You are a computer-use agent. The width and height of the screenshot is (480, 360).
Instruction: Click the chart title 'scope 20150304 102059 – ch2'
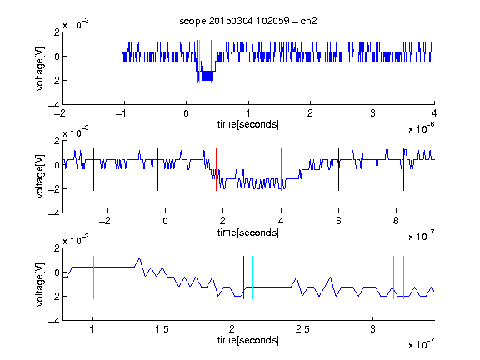coord(248,21)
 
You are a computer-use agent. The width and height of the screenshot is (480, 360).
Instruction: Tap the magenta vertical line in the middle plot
coord(281,170)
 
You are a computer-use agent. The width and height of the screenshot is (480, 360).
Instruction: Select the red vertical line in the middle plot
coord(216,170)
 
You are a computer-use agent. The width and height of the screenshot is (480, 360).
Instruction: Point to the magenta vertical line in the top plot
coord(211,62)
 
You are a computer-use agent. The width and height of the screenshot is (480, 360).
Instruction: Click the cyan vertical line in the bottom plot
coord(252,277)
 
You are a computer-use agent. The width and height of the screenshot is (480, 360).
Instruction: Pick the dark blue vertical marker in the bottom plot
coord(243,277)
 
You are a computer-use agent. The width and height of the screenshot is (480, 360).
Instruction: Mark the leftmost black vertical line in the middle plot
coord(93,170)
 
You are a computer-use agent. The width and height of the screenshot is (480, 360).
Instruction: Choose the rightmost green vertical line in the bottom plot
coord(404,277)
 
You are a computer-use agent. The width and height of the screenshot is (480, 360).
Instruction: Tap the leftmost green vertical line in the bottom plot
coord(93,277)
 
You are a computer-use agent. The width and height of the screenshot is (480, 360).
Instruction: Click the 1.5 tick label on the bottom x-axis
coord(162,329)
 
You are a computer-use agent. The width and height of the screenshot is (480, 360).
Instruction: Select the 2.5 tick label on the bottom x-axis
coord(302,329)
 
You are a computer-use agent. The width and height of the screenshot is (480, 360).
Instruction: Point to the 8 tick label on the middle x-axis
coord(396,221)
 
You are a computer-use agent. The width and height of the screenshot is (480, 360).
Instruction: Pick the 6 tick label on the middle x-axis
coord(338,221)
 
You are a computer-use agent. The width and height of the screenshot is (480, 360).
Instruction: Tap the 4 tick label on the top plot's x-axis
coord(434,113)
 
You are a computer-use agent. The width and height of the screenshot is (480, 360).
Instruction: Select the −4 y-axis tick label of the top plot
coord(54,105)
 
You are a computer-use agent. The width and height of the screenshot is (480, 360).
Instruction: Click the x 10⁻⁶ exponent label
coord(422,128)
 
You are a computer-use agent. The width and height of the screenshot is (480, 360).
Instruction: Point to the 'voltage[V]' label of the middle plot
coord(40,177)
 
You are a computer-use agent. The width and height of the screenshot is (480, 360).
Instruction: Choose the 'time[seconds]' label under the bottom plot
coord(248,340)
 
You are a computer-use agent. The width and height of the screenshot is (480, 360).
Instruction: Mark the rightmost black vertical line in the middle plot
coord(403,170)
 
